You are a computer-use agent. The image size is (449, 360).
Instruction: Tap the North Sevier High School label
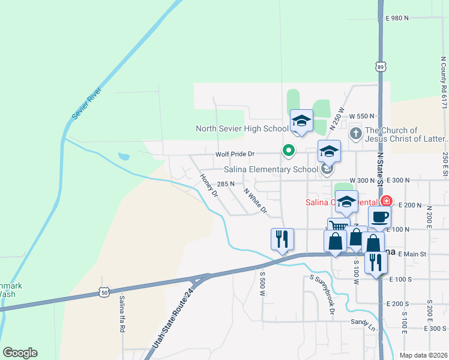(x=242, y=128)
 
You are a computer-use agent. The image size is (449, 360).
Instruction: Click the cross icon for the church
(x=355, y=133)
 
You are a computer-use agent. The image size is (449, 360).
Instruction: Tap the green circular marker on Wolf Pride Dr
(x=289, y=151)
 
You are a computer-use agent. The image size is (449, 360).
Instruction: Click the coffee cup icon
(x=380, y=217)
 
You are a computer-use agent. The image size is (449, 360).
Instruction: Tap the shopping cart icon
(x=339, y=226)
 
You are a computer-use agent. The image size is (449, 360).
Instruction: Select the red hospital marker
(x=388, y=201)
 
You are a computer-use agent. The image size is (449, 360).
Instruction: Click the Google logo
(x=20, y=352)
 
